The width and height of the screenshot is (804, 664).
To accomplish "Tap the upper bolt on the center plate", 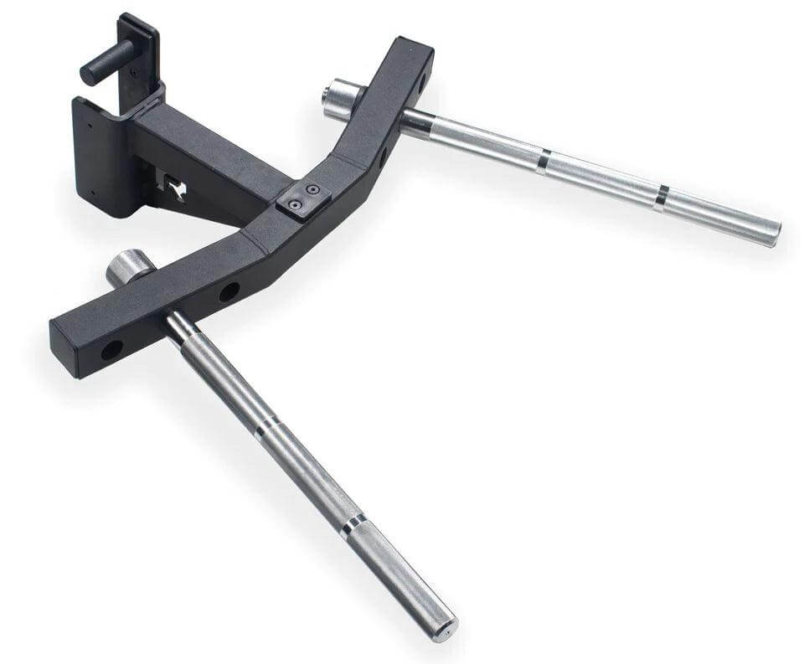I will [x=312, y=190].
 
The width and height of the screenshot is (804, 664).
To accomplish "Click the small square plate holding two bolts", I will [x=302, y=198].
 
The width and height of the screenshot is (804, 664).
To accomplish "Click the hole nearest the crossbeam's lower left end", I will [x=111, y=349].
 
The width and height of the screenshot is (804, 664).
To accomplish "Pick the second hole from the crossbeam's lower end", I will [x=228, y=292].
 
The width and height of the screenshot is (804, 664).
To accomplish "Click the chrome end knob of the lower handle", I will [x=127, y=267].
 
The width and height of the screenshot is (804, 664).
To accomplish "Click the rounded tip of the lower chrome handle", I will [x=445, y=626].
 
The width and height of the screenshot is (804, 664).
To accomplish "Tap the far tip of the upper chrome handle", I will [x=772, y=232].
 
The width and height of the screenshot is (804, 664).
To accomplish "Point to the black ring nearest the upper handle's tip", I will [x=662, y=194].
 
